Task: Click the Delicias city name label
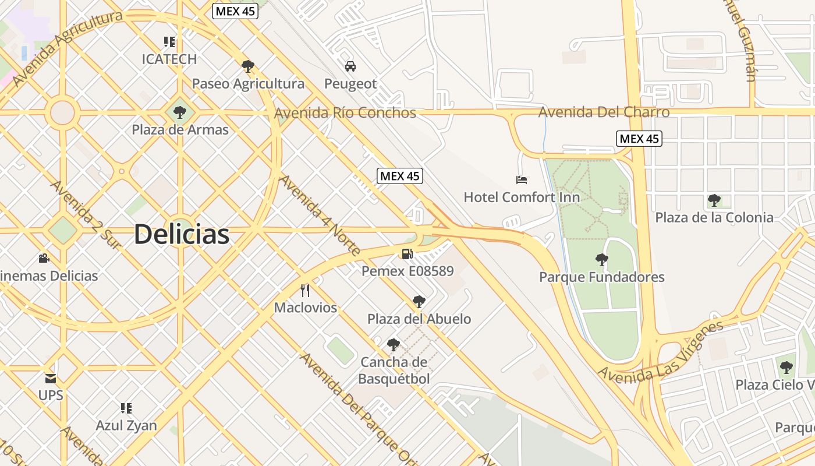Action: coord(181,234)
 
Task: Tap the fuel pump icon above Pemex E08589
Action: coord(407,253)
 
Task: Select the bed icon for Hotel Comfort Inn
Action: coord(522,180)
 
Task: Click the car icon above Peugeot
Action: coord(350,66)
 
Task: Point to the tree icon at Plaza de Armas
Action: coord(180,111)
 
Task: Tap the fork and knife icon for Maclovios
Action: coord(305,290)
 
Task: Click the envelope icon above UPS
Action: coord(51,378)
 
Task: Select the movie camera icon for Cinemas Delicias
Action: coord(44,258)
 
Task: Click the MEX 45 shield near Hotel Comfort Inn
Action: coord(399,176)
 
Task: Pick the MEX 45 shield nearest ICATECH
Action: coord(235,11)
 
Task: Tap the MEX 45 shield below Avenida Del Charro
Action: coord(639,139)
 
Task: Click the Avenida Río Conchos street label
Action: coord(345,112)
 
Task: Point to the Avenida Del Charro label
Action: coord(604,112)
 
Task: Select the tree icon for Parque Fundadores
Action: coord(602,259)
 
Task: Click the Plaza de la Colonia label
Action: coord(714,217)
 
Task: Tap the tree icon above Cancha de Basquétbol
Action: coord(394,344)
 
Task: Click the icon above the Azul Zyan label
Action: coord(126,408)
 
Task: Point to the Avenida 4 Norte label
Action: coord(320,215)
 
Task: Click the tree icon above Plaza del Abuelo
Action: coord(419,301)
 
